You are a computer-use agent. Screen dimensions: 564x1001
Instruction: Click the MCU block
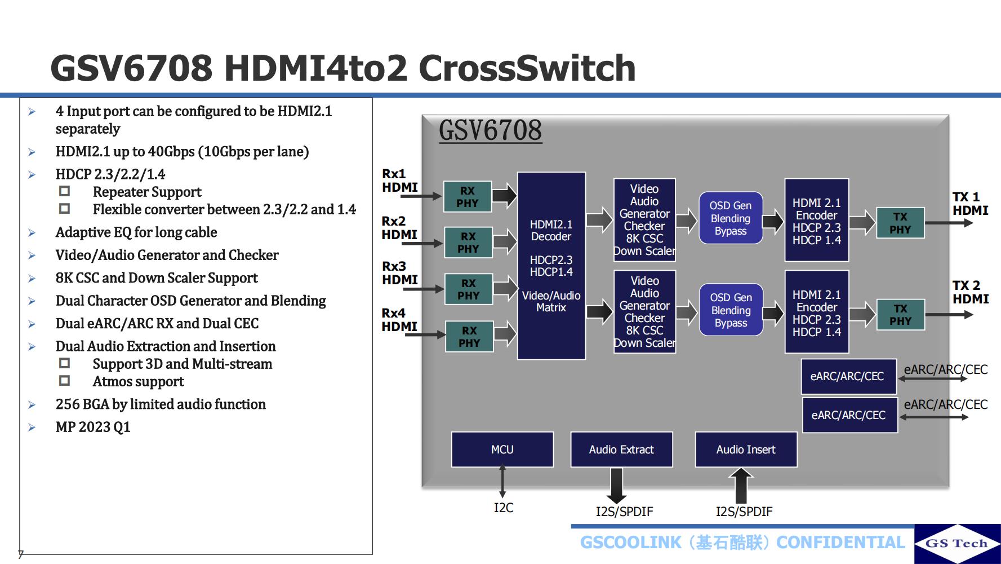pos(502,450)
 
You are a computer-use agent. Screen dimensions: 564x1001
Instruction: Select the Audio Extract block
pos(621,450)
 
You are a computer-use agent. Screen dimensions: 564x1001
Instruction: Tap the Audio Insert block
pos(746,450)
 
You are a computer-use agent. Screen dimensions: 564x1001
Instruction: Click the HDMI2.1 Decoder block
pos(551,266)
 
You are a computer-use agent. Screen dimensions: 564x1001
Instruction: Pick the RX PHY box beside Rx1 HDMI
pos(468,197)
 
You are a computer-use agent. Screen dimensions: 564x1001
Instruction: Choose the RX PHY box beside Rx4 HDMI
pos(469,337)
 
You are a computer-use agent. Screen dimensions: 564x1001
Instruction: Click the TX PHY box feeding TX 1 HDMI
pos(900,223)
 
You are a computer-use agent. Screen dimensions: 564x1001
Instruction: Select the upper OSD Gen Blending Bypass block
pos(731,218)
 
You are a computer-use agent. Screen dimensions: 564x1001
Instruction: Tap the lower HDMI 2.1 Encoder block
pos(817,313)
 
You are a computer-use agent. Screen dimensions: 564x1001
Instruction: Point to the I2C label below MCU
pos(504,508)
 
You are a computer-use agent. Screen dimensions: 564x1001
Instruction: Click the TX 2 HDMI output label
pos(970,292)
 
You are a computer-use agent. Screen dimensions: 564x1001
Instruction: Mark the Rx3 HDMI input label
pos(399,273)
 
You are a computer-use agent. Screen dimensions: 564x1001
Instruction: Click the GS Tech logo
pos(957,543)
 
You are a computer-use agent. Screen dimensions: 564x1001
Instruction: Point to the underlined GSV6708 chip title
pos(490,130)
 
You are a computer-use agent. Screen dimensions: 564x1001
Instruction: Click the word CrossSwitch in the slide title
pos(527,68)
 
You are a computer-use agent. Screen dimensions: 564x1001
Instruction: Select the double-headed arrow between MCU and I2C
pos(502,481)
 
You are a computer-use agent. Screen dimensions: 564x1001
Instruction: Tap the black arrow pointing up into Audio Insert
pos(741,486)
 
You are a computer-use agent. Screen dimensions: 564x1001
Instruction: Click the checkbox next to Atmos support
pos(65,381)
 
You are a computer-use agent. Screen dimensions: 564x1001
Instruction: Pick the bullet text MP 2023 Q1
pos(93,427)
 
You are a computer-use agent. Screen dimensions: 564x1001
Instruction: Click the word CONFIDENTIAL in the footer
pos(840,543)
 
